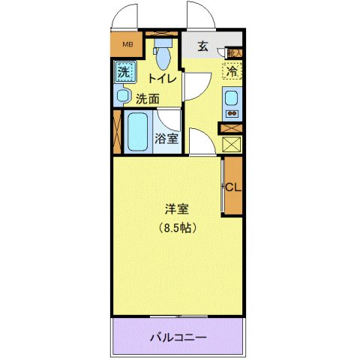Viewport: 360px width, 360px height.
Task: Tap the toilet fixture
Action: pos(161,52)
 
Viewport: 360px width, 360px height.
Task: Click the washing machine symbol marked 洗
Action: pos(124,73)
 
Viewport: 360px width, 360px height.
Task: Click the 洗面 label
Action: pos(148,97)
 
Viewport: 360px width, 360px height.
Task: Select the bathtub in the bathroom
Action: pos(139,132)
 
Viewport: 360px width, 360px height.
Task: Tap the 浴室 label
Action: pos(166,138)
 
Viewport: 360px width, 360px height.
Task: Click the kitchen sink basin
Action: pos(232,98)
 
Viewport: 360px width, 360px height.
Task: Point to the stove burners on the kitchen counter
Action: pos(232,115)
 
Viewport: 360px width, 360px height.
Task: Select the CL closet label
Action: pos(232,187)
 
